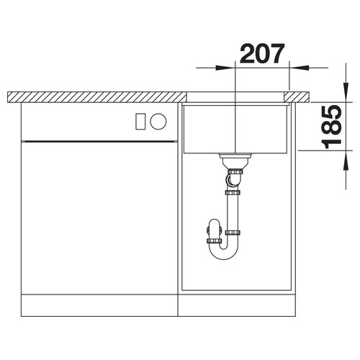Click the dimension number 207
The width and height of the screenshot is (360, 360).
(x=262, y=53)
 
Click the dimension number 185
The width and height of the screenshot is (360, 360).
(x=331, y=127)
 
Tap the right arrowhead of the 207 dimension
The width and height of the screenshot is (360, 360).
(x=299, y=68)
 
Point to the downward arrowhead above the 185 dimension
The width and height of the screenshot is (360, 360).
(x=346, y=92)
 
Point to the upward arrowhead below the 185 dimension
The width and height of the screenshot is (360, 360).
(x=346, y=161)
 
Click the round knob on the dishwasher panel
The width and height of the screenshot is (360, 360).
(x=158, y=122)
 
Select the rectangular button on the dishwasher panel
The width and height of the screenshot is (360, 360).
(x=140, y=122)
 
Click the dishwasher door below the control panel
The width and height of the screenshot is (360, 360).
(x=99, y=217)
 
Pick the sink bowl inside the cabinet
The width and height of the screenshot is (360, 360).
(x=235, y=129)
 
